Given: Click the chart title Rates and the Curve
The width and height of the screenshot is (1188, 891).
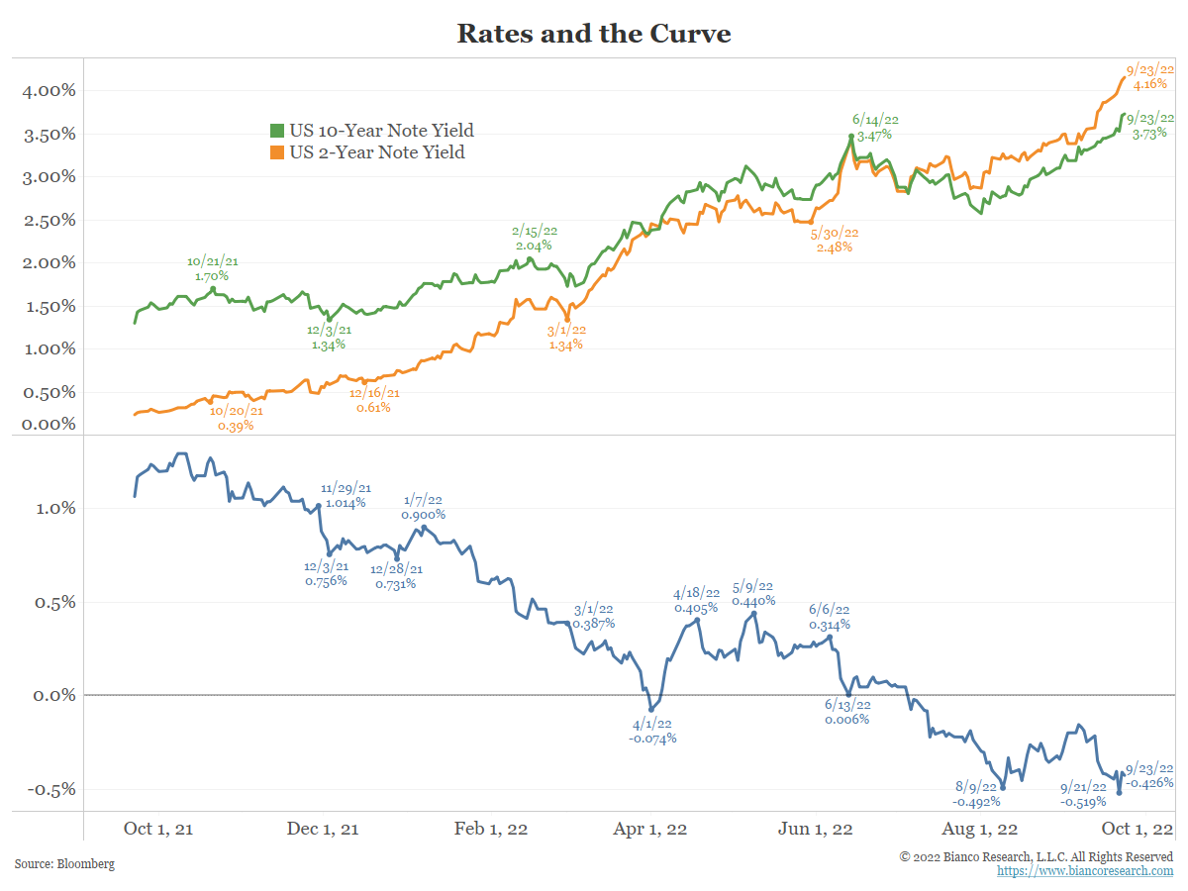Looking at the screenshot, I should pos(593,34).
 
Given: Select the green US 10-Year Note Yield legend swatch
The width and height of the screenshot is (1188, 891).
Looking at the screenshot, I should pos(277,131).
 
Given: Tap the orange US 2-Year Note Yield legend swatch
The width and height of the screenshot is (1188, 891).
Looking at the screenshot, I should pos(277,152).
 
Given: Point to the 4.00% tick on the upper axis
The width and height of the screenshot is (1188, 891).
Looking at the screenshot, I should pos(49,91).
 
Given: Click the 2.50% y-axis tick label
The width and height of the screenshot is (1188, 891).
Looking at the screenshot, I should pos(49,220).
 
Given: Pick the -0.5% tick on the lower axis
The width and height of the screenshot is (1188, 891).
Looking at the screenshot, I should pos(50,790).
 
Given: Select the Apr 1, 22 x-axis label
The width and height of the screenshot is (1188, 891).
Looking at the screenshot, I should pos(651,829).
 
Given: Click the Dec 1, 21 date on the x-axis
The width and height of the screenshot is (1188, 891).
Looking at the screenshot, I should pos(324,829).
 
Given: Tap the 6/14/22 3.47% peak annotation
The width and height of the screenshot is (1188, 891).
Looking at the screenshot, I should pos(875,127).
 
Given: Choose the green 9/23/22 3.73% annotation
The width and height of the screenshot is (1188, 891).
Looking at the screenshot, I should pos(1150,125).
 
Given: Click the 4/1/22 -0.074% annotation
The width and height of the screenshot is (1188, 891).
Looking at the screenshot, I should pos(652,731).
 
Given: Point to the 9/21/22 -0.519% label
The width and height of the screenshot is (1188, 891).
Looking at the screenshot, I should pos(1083,794).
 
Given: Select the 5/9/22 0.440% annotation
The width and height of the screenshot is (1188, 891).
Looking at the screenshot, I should pos(753,593).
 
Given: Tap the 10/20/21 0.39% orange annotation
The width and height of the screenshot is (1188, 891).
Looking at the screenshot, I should pos(236,418).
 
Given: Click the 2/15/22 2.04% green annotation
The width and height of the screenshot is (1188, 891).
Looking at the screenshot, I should pos(534,238).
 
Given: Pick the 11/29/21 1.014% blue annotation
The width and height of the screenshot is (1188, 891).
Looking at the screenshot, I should pos(346,495).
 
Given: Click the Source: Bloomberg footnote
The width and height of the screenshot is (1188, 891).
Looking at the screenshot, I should pos(64,864).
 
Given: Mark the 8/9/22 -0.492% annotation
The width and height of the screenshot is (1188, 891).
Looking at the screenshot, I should pos(976,794).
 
